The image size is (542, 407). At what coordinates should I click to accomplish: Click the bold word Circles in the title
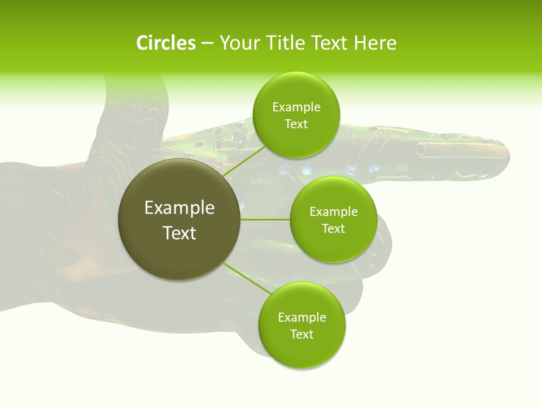point(165,43)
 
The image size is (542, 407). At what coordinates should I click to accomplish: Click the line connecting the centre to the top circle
point(244,161)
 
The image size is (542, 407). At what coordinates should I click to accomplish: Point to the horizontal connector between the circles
point(265,219)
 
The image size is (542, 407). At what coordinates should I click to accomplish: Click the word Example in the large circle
point(180,208)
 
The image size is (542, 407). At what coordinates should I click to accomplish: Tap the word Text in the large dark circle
point(180,233)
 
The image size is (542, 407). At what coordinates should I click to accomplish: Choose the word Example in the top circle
point(296,107)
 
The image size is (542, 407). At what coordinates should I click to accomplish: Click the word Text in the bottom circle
point(301,334)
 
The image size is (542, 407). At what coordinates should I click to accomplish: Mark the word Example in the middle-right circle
point(334,212)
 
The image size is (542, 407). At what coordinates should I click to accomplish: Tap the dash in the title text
point(207,44)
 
